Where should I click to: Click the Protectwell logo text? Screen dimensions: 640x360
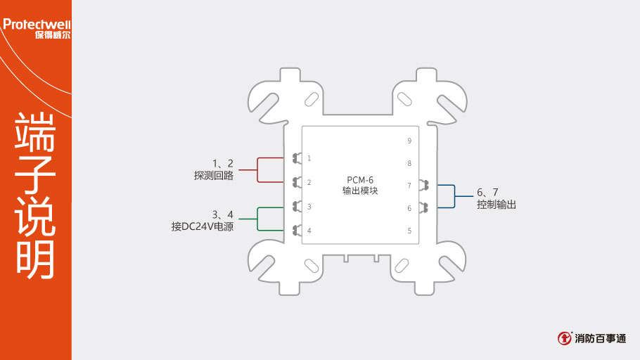37,25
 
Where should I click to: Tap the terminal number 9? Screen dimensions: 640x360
409,141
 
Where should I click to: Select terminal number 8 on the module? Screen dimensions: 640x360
409,163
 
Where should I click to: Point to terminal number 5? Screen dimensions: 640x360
409,231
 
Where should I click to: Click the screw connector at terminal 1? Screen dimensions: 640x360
297,158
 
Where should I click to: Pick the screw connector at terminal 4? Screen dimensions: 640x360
297,231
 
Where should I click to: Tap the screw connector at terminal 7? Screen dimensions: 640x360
423,185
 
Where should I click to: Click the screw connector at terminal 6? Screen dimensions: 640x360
423,207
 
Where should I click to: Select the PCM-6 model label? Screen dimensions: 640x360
360,180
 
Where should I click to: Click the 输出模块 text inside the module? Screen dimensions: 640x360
360,191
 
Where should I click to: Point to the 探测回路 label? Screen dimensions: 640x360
214,176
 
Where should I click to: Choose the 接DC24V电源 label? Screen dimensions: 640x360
203,226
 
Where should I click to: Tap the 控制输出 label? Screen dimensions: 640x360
497,204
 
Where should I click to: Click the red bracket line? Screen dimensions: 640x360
257,169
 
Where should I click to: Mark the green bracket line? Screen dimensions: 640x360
257,219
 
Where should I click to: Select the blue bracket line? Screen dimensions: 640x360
455,196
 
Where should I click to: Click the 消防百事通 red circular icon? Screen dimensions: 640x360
565,338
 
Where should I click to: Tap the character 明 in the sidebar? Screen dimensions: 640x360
35,259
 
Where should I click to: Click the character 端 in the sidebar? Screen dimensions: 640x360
35,131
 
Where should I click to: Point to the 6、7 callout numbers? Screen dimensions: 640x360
487,192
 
